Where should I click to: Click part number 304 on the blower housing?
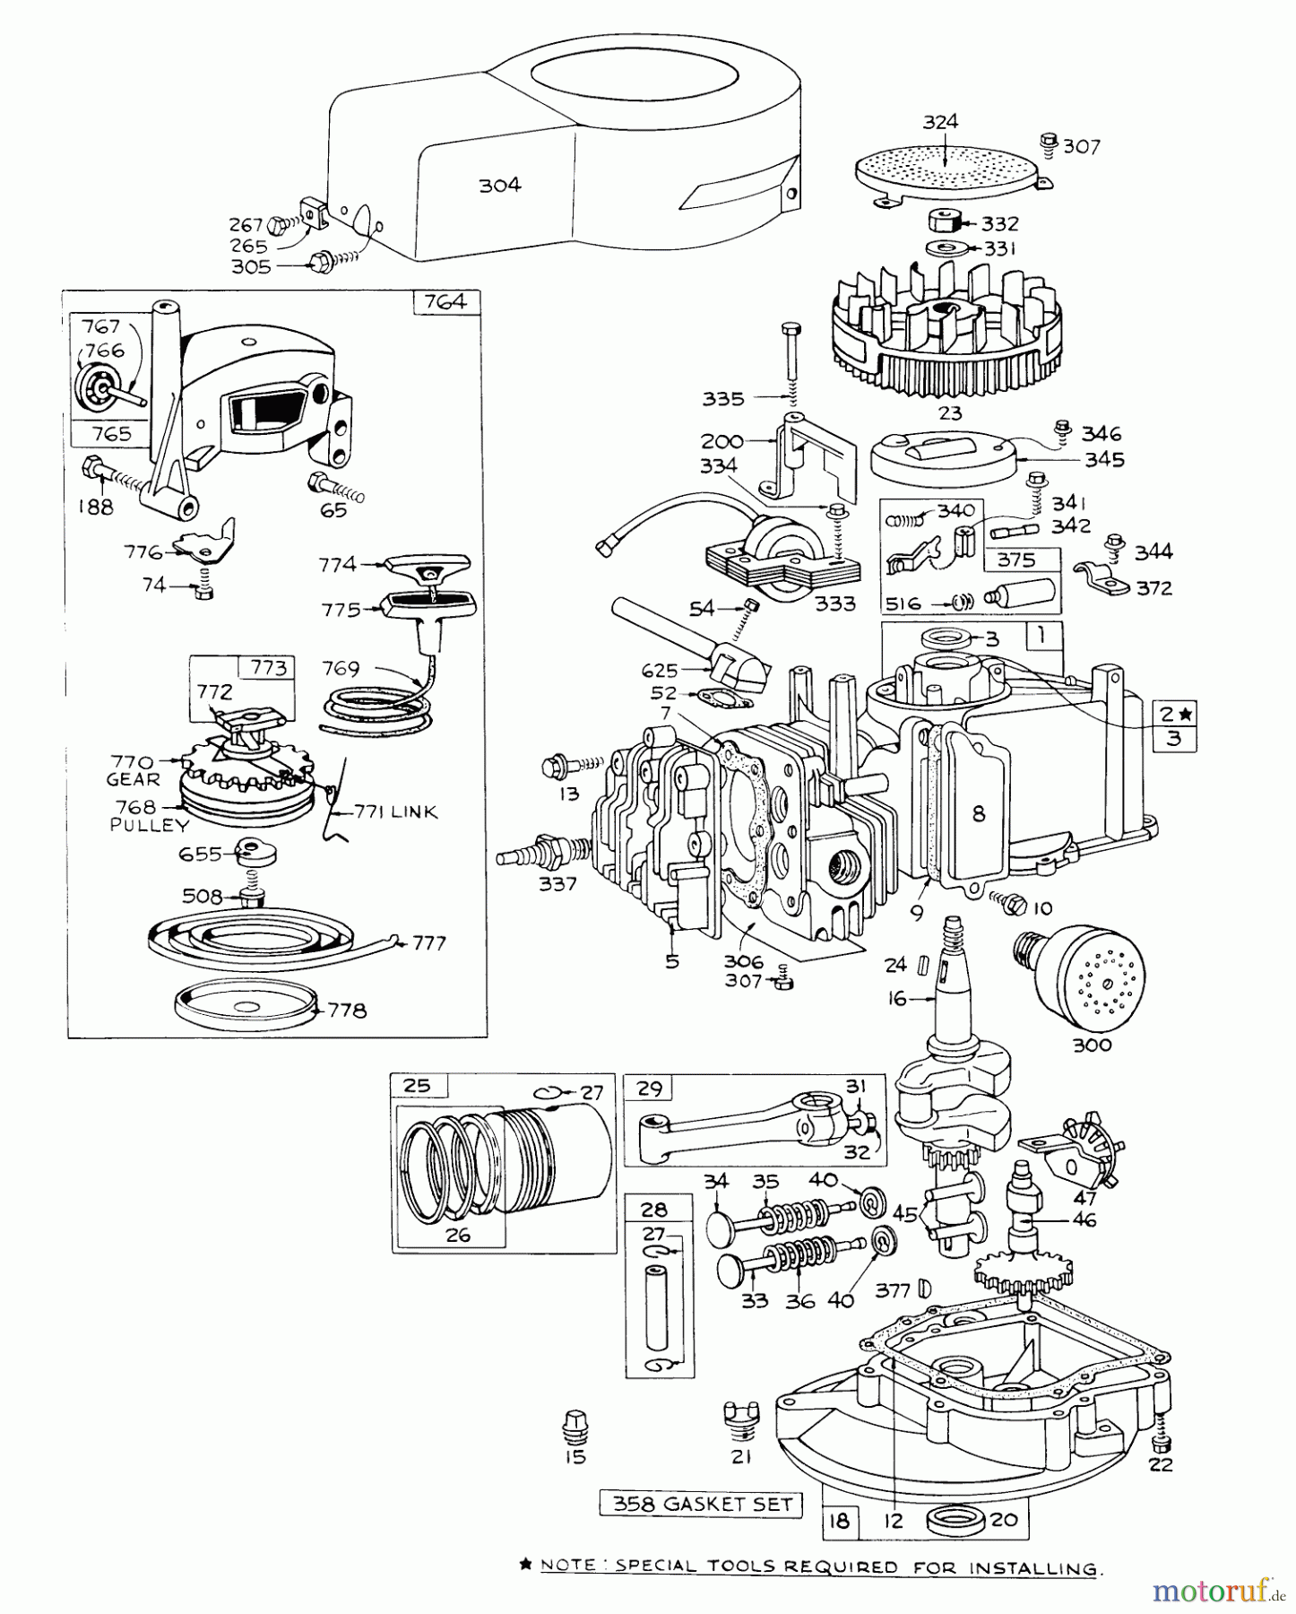499,186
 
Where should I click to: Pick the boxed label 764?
445,301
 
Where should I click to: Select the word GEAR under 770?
132,779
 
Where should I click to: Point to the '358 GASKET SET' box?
700,1503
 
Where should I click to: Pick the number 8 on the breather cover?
978,813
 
